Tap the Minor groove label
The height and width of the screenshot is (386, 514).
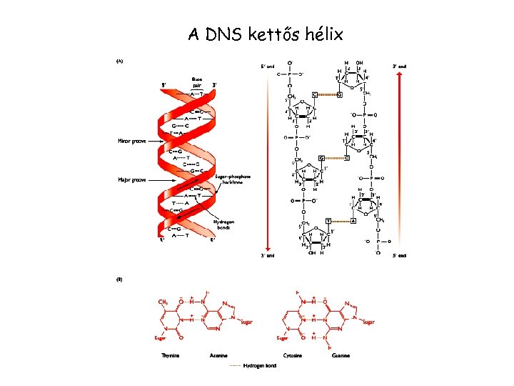click(x=131, y=142)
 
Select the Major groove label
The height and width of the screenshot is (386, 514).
click(x=131, y=180)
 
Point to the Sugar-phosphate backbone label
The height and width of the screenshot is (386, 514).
click(x=233, y=179)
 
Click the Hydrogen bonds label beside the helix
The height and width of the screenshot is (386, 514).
click(x=223, y=225)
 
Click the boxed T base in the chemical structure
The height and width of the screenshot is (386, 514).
click(x=328, y=222)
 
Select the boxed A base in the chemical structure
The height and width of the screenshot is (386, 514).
click(x=353, y=222)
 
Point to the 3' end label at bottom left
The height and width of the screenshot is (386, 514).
click(x=266, y=255)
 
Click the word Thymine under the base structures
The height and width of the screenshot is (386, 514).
click(x=170, y=355)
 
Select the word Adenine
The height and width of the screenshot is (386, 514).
click(x=218, y=355)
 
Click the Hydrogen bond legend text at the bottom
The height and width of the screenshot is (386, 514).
click(x=260, y=366)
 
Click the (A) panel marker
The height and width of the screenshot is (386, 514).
click(x=120, y=61)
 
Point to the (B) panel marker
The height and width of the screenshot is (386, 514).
click(x=120, y=279)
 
